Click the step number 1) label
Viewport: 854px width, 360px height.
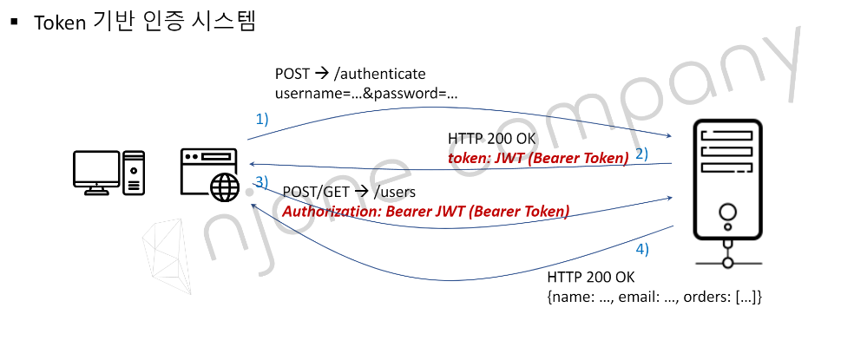[x=261, y=118]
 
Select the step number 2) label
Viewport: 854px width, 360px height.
[x=642, y=154]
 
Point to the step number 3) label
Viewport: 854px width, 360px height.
[x=262, y=182]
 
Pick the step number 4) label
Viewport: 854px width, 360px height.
[x=641, y=249]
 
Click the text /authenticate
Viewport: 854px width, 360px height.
[x=380, y=74]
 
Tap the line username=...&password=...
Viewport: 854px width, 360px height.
[x=366, y=93]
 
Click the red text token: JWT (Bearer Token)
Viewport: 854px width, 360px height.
[x=538, y=158]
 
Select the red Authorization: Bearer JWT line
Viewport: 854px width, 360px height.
[x=426, y=211]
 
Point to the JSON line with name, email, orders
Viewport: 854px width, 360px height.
[x=654, y=297]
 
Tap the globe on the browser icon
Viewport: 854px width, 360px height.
[x=225, y=185]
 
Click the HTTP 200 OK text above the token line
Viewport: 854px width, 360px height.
[x=492, y=139]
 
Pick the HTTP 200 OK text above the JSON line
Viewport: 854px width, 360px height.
[x=591, y=278]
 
